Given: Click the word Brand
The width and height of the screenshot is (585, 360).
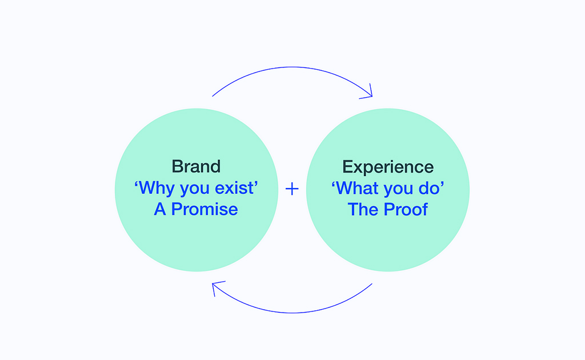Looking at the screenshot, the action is tap(197, 166).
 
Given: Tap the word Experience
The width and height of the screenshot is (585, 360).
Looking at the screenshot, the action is tap(388, 167).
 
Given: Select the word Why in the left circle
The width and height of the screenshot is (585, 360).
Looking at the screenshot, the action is tap(157, 187).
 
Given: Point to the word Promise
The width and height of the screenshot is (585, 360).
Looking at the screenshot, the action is tap(205, 209).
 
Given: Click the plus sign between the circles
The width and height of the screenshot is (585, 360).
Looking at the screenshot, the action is tap(292, 189).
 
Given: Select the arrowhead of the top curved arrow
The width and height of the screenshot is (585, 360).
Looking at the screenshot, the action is tap(368, 93).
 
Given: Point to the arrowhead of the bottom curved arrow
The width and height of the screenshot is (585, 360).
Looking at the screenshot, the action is tap(216, 286).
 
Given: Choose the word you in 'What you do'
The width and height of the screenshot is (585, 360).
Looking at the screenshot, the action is tap(398, 190).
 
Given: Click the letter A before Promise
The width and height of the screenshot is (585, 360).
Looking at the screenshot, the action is tap(160, 209).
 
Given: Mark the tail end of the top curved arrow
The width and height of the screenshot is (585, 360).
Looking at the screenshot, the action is tap(213, 96).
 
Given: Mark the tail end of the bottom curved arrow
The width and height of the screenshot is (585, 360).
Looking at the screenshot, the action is tap(372, 283).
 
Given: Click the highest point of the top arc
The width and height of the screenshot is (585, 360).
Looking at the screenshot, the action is tap(292, 67).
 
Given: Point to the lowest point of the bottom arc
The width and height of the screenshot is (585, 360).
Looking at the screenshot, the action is tap(292, 313).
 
